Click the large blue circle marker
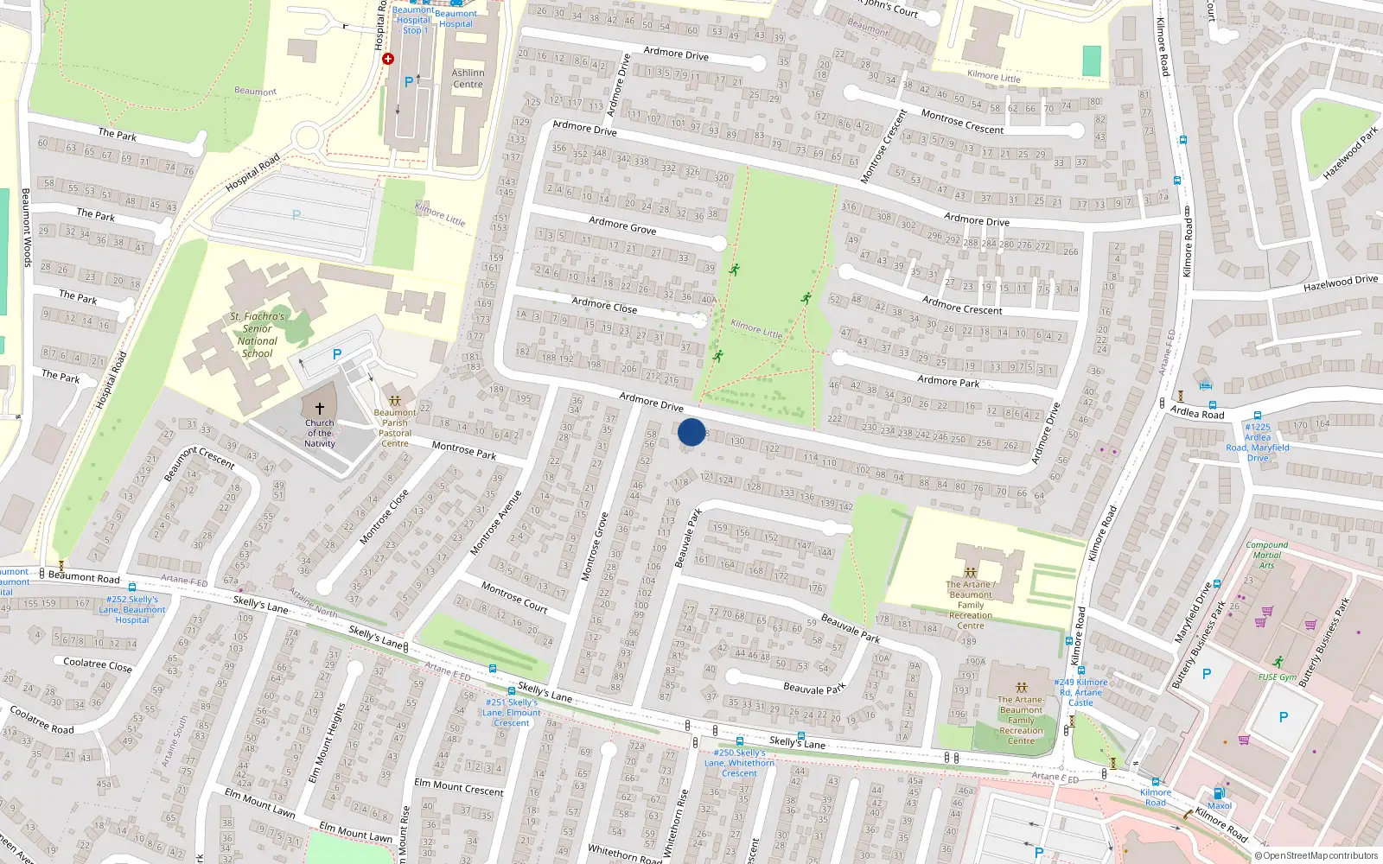(x=691, y=432)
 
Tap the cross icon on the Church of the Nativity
(x=319, y=409)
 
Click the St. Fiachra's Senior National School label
(x=257, y=334)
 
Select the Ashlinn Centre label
(x=468, y=79)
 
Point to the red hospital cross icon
(x=388, y=59)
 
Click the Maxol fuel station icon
(x=1219, y=793)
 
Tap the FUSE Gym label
(x=1278, y=677)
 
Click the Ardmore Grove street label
(x=622, y=226)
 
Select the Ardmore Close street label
(x=604, y=304)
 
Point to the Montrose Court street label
(x=514, y=597)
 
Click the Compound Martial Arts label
(x=1266, y=555)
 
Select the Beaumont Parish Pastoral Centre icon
(x=395, y=401)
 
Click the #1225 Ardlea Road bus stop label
(x=1257, y=442)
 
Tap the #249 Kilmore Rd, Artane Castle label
(x=1080, y=692)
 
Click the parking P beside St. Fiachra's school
(x=337, y=354)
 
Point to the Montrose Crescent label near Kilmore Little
(x=962, y=122)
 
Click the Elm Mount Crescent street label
(x=458, y=787)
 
